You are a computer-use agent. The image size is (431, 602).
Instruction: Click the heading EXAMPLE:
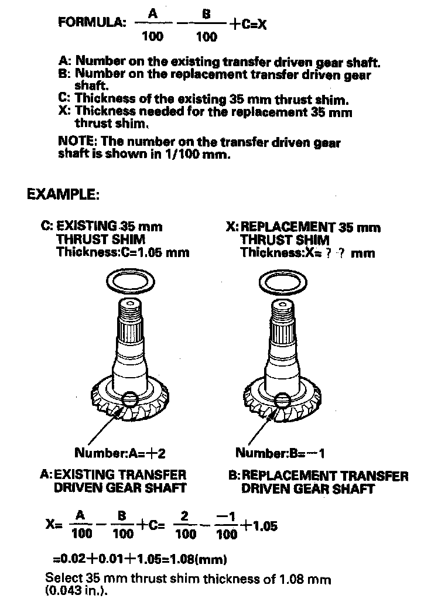pyautogui.click(x=63, y=194)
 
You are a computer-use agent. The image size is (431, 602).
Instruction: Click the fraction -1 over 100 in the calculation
pyautogui.click(x=226, y=525)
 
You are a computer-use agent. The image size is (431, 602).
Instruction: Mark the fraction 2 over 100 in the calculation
pyautogui.click(x=186, y=525)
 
